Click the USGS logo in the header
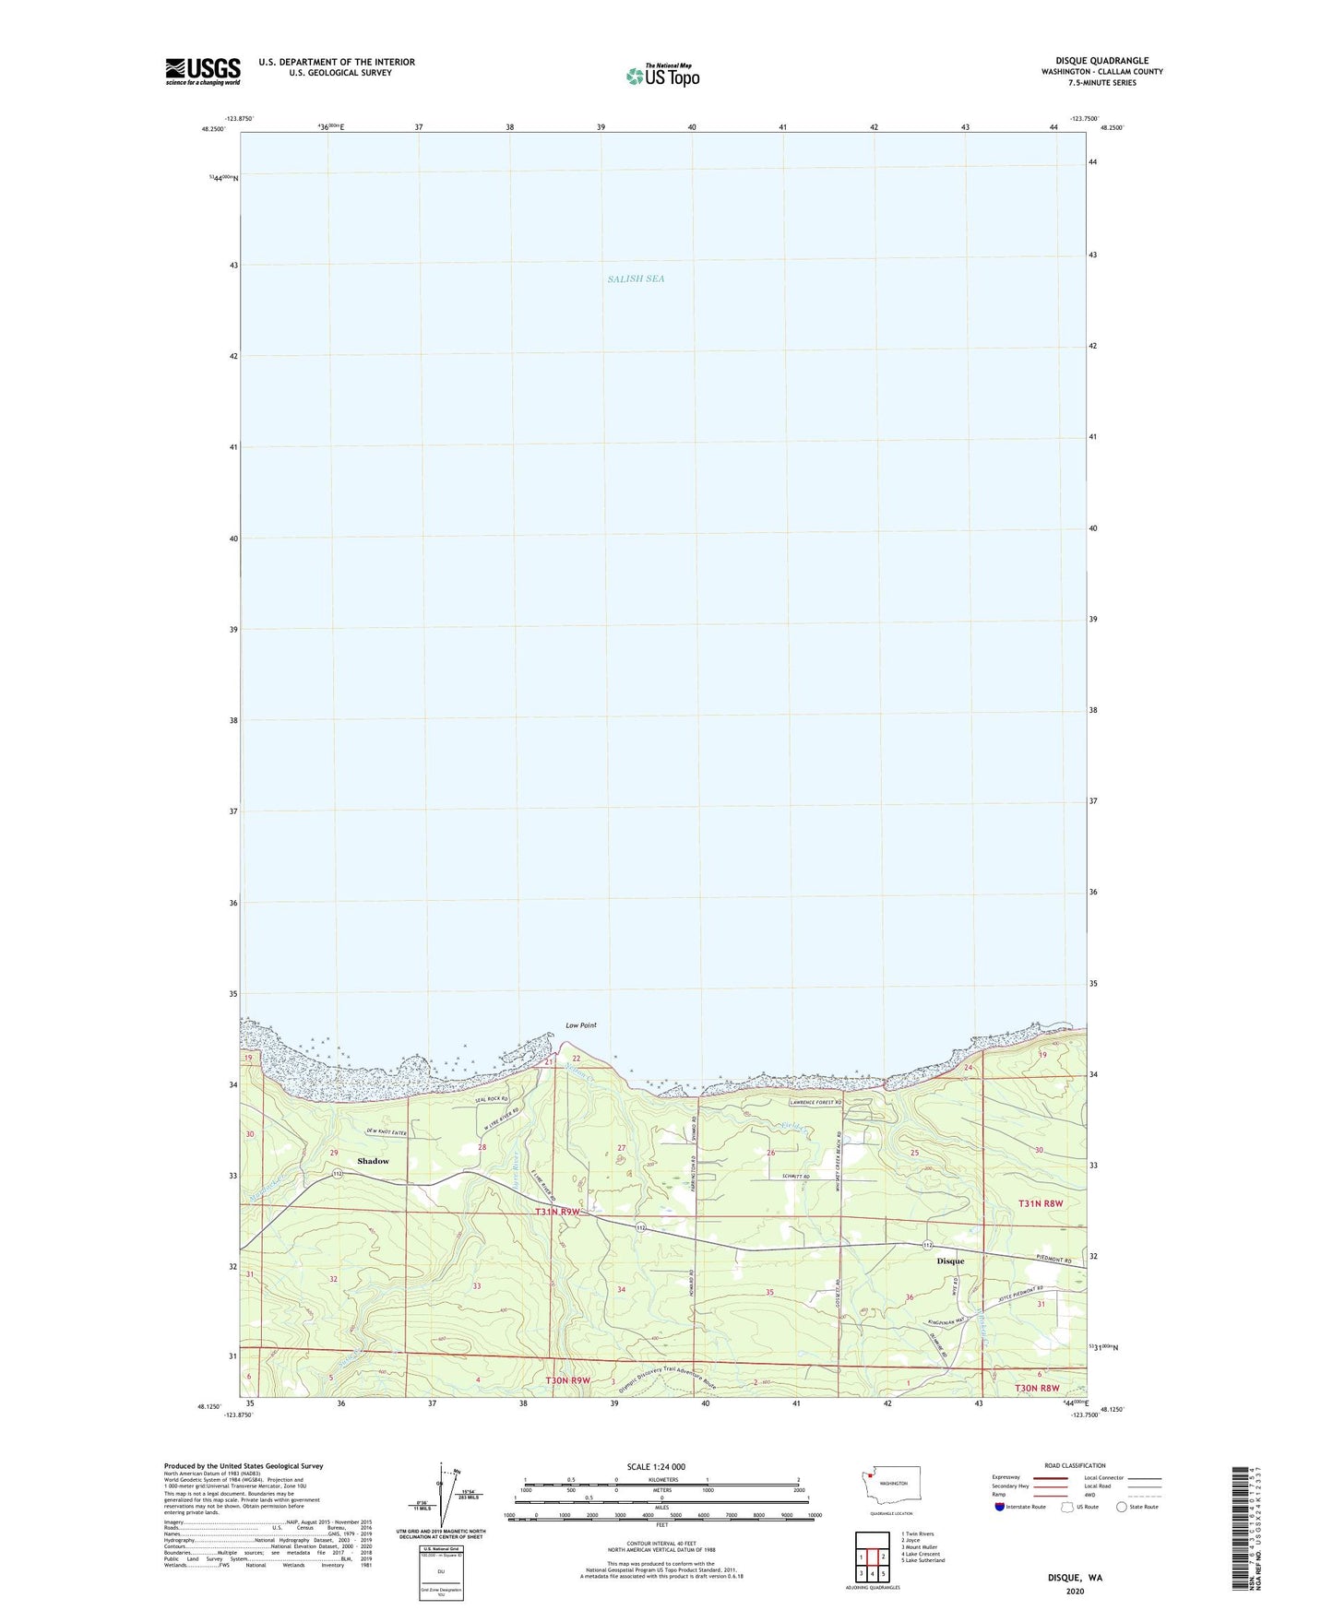(x=203, y=71)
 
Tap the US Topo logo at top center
(x=662, y=75)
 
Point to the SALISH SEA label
(x=636, y=278)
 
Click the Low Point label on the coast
(x=581, y=1025)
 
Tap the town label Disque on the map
(x=950, y=1261)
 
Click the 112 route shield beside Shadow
(x=339, y=1174)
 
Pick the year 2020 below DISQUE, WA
(x=1075, y=1591)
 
